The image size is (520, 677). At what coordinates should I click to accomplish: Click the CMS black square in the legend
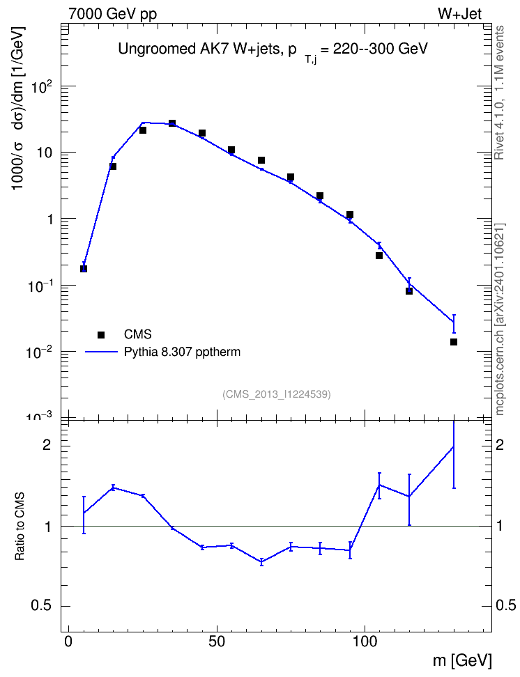point(101,334)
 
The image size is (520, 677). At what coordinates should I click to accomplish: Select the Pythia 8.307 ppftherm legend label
point(182,352)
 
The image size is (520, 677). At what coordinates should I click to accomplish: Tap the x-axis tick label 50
point(217,641)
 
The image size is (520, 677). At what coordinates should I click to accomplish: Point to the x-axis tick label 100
point(365,641)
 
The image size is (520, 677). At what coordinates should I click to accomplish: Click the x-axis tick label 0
point(68,641)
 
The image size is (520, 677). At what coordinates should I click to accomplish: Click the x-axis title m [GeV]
point(462,660)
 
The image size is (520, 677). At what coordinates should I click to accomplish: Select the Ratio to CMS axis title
point(20,527)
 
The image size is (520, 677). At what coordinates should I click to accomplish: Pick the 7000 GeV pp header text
point(112,14)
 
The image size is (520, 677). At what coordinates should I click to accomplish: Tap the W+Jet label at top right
point(459,14)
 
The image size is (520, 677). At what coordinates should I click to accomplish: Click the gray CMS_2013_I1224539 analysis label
point(277,394)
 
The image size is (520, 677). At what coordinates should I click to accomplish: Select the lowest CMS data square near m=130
point(454,342)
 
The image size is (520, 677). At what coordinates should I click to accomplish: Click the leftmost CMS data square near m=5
point(84,269)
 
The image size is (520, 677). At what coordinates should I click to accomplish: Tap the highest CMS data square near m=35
point(172,123)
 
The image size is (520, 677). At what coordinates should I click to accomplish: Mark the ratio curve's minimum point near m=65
point(261,561)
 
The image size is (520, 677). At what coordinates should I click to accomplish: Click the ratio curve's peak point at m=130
point(454,446)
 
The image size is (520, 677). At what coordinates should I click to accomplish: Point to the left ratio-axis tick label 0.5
point(42,606)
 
